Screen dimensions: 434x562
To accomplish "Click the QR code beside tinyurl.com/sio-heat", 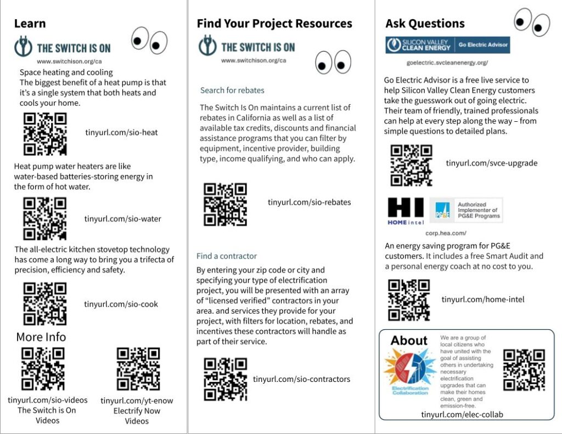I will [x=45, y=133].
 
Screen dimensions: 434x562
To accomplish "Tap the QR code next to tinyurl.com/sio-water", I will [x=45, y=218].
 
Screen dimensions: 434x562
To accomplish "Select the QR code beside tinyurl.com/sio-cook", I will [x=45, y=303].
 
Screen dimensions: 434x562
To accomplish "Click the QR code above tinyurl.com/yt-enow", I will [x=138, y=369].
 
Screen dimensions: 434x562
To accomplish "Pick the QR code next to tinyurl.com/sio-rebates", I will [x=225, y=204].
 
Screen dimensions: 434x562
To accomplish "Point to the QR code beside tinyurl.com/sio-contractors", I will [x=225, y=379].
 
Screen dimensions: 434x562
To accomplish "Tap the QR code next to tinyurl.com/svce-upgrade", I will [x=411, y=165].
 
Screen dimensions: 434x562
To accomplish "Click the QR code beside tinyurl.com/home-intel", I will [x=409, y=300].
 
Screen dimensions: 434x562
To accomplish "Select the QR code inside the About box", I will [x=524, y=369].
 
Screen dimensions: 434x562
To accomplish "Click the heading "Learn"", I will [x=30, y=24].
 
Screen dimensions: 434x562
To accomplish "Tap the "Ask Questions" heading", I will [x=425, y=24].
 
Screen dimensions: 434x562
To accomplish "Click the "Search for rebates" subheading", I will [x=232, y=90].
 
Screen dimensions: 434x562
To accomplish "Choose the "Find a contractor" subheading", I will [x=227, y=256].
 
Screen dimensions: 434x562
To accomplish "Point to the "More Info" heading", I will [x=41, y=337].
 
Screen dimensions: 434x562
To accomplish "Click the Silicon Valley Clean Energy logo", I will [x=447, y=44].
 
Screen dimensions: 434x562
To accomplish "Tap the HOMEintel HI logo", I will [x=406, y=211].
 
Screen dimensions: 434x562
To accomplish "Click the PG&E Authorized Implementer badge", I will [x=466, y=210].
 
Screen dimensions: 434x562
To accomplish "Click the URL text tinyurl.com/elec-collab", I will [x=462, y=415].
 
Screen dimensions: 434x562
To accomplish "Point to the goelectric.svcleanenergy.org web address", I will [x=447, y=63].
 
